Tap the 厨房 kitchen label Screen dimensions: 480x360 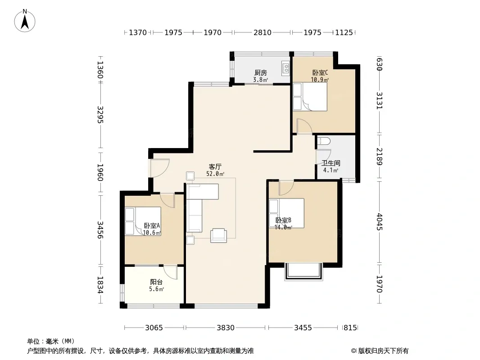click(x=261, y=73)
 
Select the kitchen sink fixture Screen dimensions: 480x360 click(x=285, y=68)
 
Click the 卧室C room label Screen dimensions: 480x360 click(x=320, y=73)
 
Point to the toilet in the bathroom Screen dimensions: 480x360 click(x=324, y=141)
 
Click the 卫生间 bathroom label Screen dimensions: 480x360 click(x=331, y=163)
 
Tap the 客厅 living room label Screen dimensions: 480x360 click(x=215, y=166)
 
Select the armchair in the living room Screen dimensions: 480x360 click(x=218, y=235)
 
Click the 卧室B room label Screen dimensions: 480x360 click(x=283, y=220)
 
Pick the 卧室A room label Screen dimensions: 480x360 click(x=152, y=226)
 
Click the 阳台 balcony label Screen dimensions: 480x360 click(x=156, y=282)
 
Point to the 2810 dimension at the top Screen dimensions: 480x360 click(x=263, y=32)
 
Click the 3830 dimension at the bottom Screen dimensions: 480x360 click(x=226, y=328)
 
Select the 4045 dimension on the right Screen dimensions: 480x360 click(x=380, y=222)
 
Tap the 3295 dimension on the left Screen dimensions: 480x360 click(x=100, y=115)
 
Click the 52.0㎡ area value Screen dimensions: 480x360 click(x=215, y=174)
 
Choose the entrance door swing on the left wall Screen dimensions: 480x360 click(x=160, y=168)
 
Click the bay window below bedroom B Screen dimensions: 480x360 click(x=303, y=272)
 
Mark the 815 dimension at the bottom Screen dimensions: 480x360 click(x=350, y=328)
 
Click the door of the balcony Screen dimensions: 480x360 click(x=171, y=272)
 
